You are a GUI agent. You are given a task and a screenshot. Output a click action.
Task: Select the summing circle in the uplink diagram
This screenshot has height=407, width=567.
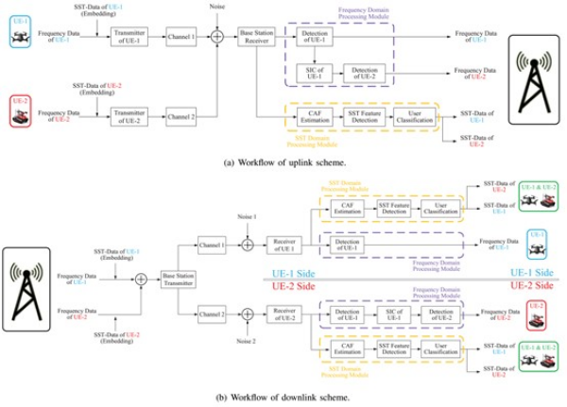click(x=215, y=38)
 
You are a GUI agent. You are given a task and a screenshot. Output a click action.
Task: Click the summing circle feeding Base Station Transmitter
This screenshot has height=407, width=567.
click(x=140, y=280)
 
